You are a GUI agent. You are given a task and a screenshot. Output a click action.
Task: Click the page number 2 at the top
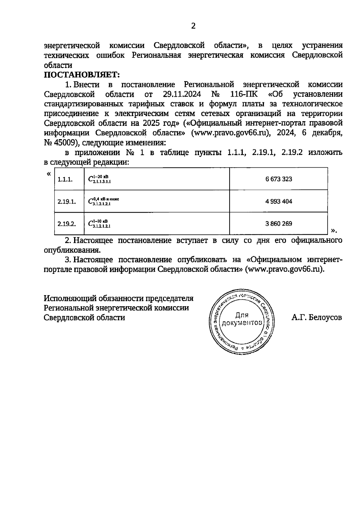click(x=193, y=26)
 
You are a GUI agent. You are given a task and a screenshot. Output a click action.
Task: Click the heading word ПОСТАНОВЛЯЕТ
click(x=82, y=74)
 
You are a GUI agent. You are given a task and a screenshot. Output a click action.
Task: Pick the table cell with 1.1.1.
click(x=65, y=179)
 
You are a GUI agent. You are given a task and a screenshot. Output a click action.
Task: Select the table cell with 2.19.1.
click(x=67, y=202)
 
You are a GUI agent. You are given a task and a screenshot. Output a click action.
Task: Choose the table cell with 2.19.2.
click(x=67, y=224)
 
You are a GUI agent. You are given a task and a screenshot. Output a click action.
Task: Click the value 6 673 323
click(x=279, y=179)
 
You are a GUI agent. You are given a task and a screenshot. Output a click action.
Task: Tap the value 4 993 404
click(x=279, y=202)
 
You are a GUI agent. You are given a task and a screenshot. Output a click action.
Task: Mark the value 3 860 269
click(x=279, y=224)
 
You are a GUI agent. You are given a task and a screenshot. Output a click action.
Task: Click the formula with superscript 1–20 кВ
click(x=99, y=179)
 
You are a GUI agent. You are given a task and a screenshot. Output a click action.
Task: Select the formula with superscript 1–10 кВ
click(x=99, y=223)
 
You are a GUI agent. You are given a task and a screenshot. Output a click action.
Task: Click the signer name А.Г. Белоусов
click(x=316, y=318)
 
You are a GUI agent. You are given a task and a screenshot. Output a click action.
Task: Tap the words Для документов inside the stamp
click(x=242, y=319)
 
